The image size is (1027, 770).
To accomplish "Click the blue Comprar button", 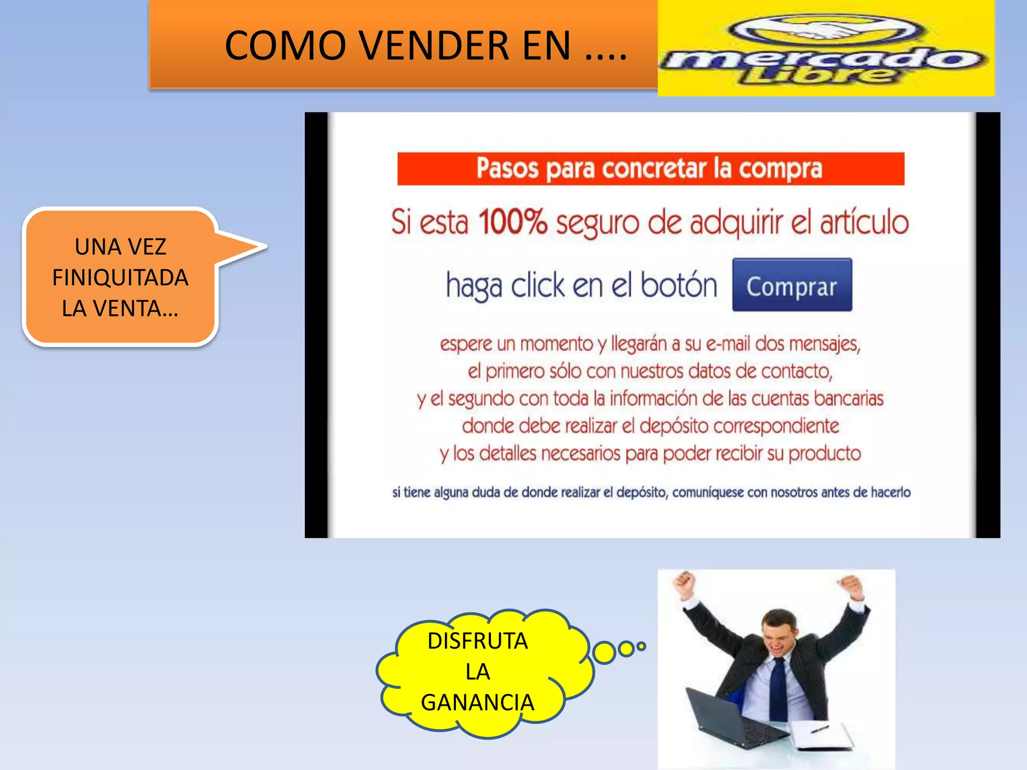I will click(x=792, y=285).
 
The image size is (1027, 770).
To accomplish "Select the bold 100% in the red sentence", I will click(x=512, y=222).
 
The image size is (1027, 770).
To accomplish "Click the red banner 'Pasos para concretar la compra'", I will click(x=650, y=169).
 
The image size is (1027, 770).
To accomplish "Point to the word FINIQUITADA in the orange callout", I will click(x=120, y=278).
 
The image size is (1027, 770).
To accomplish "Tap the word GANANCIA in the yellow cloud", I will click(x=477, y=702).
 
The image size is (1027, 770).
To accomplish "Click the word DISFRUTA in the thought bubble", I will click(x=477, y=641).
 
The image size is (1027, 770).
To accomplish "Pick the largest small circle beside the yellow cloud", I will click(x=604, y=652).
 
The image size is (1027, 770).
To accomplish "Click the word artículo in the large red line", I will click(x=864, y=222).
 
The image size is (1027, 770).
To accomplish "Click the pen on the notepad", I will click(x=819, y=728).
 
